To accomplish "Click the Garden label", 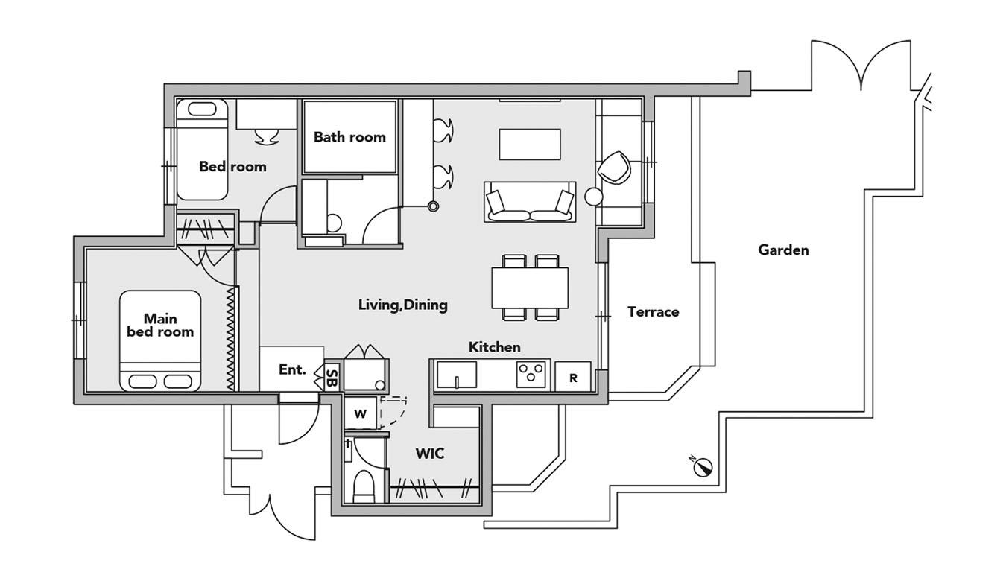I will [783, 250].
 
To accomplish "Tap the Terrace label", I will [653, 312].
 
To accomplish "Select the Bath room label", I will [349, 137].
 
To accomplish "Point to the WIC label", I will [430, 453].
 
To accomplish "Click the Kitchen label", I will [494, 347].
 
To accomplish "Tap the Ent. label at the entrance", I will [292, 369].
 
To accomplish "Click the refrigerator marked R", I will [573, 378].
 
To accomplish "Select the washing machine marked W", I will [361, 414].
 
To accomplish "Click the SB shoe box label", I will [332, 378].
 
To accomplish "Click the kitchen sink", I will [456, 375].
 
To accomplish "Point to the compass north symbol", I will [703, 466].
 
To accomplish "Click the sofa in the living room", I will [529, 203].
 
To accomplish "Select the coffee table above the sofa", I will [529, 144].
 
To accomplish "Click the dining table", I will [530, 288].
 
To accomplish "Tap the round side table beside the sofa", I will [594, 197].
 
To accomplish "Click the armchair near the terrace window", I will [616, 167].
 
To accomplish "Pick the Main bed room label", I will [160, 326].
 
